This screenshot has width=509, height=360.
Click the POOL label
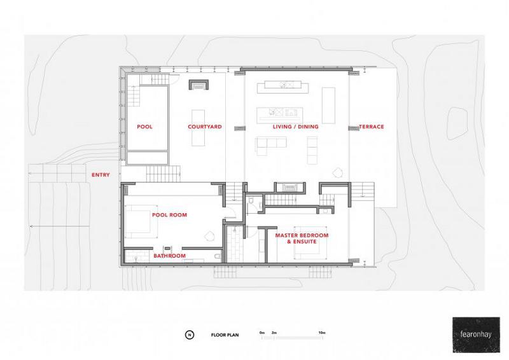(144, 127)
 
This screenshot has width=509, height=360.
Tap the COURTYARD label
(205, 127)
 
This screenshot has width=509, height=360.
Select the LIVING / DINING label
(295, 127)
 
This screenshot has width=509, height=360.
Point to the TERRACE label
(372, 127)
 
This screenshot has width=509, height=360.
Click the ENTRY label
(101, 175)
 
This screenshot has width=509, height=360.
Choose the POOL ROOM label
(169, 214)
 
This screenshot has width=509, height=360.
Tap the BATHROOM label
(169, 256)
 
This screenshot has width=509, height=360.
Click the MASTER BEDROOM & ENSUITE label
(302, 239)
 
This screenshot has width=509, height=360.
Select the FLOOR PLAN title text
(225, 335)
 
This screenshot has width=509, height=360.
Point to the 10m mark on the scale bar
(322, 333)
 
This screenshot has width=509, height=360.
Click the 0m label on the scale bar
(262, 333)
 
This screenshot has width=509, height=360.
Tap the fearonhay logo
(476, 335)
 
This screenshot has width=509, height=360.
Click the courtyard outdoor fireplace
(199, 85)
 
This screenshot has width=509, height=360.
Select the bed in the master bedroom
(310, 242)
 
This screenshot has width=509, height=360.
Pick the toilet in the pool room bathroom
(218, 256)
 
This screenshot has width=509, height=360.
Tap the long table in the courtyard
(198, 128)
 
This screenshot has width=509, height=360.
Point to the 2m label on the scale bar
(274, 333)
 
